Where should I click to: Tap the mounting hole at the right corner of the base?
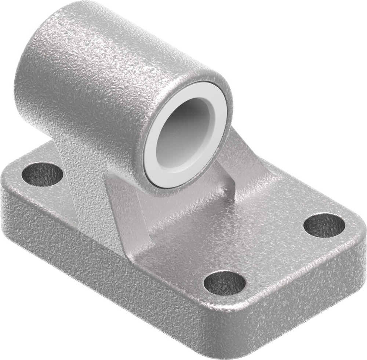click(x=324, y=225)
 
